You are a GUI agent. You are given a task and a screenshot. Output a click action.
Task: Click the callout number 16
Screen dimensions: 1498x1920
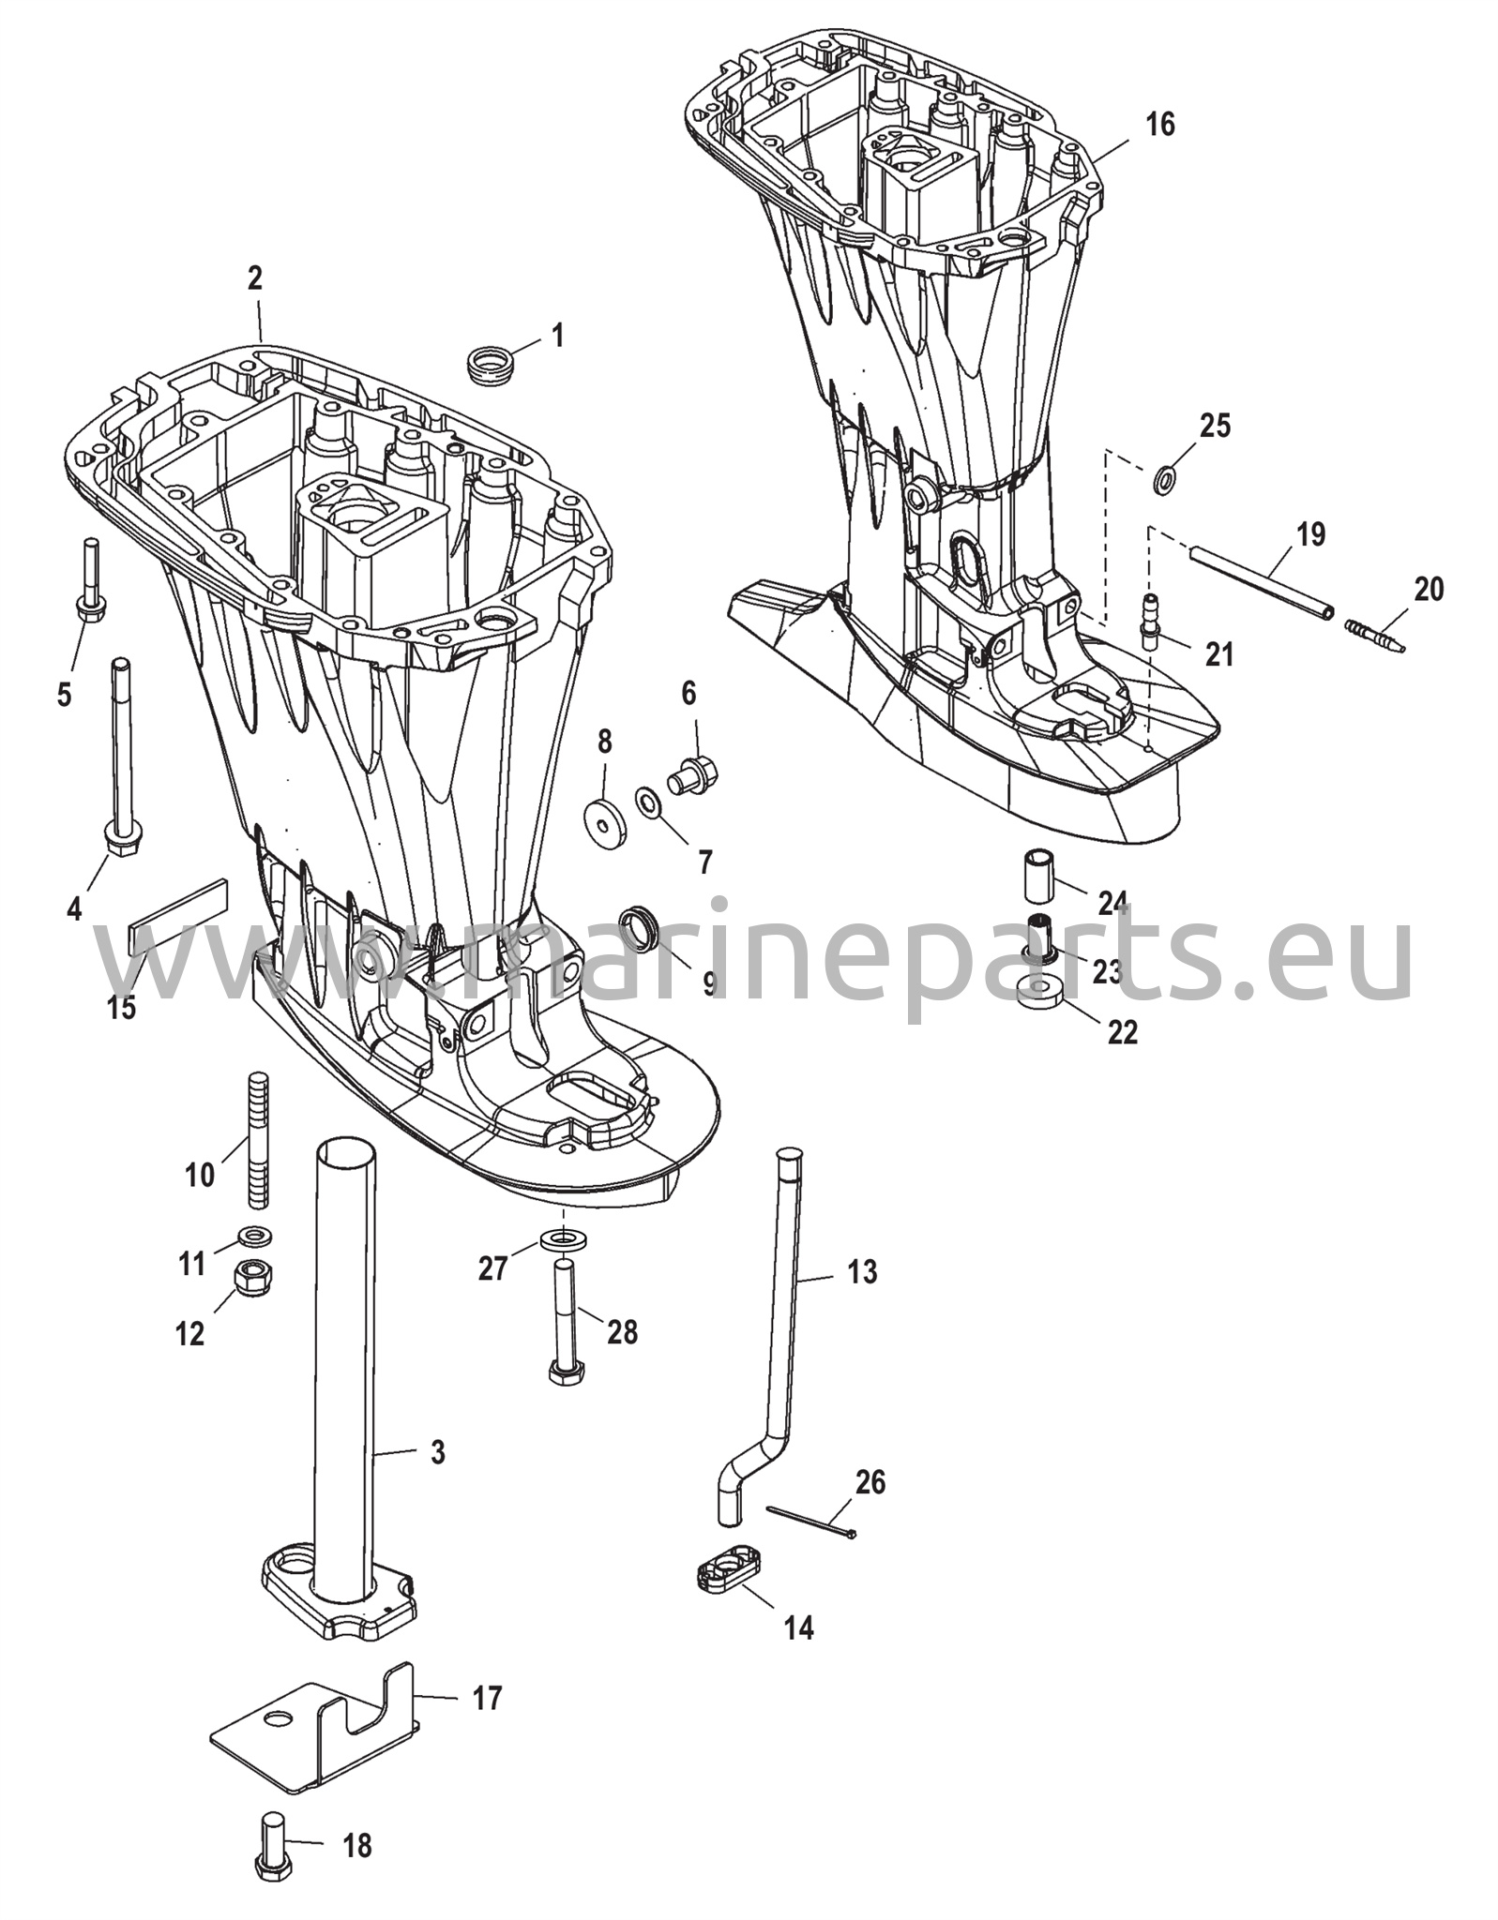(1159, 125)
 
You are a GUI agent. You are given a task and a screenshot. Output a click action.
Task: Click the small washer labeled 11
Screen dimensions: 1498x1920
(251, 1235)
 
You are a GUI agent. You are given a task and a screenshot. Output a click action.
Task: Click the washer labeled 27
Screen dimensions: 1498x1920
(561, 1240)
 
